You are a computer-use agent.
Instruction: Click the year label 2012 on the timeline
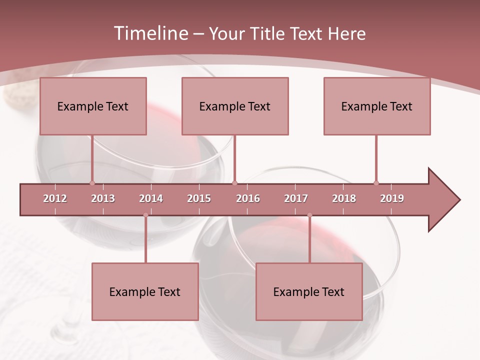(x=55, y=198)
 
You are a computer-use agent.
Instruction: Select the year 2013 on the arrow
(x=103, y=198)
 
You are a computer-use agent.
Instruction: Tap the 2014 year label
(x=151, y=198)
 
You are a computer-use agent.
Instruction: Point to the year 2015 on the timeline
(x=199, y=198)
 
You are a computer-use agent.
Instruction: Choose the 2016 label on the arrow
(x=248, y=198)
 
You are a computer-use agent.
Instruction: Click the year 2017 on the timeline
(x=296, y=198)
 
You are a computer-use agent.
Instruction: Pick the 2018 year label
(x=344, y=198)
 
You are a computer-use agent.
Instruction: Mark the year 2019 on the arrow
(x=392, y=198)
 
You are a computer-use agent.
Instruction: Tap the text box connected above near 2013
(x=93, y=106)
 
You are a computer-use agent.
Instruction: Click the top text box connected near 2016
(x=235, y=106)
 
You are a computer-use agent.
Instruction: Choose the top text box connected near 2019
(x=377, y=106)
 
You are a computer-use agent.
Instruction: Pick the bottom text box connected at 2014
(x=145, y=291)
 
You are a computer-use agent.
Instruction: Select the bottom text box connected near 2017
(x=309, y=291)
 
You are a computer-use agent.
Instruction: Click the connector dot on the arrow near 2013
(x=92, y=183)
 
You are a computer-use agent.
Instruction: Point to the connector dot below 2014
(x=145, y=215)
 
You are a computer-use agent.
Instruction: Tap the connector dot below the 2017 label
(x=309, y=215)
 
